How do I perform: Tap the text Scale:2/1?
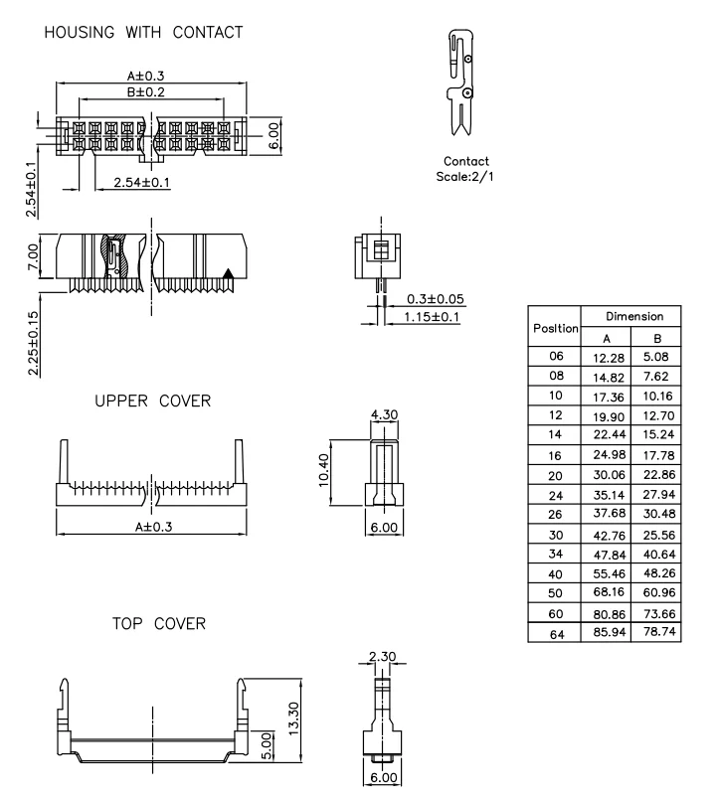[x=465, y=176]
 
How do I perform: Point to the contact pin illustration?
[x=459, y=84]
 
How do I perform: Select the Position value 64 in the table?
[x=556, y=630]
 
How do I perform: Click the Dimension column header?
[x=631, y=316]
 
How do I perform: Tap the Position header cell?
[x=556, y=326]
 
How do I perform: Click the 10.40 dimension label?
[x=320, y=471]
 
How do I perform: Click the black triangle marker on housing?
[x=230, y=272]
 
